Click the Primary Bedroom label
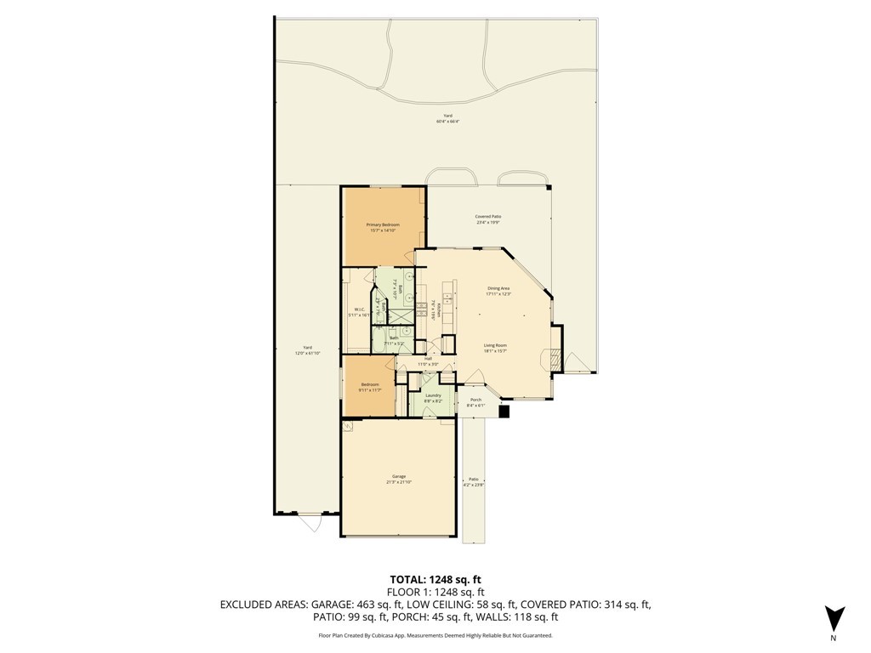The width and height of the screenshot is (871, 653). [x=383, y=224]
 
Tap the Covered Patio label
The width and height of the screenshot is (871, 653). [x=487, y=217]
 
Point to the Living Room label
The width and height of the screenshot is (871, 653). [x=495, y=345]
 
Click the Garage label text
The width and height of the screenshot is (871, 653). [x=398, y=476]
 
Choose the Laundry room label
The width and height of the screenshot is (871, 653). [x=433, y=395]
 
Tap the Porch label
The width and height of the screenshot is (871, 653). [x=475, y=400]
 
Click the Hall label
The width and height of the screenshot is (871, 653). [x=428, y=359]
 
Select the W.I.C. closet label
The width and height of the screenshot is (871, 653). [x=359, y=309]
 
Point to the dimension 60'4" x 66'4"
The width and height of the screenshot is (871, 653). [x=447, y=122]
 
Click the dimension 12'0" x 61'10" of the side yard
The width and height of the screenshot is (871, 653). [x=308, y=353]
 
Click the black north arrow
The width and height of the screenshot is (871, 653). [x=834, y=618]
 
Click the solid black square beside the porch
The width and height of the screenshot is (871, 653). [x=504, y=412]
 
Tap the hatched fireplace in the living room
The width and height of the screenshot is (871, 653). [x=554, y=359]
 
